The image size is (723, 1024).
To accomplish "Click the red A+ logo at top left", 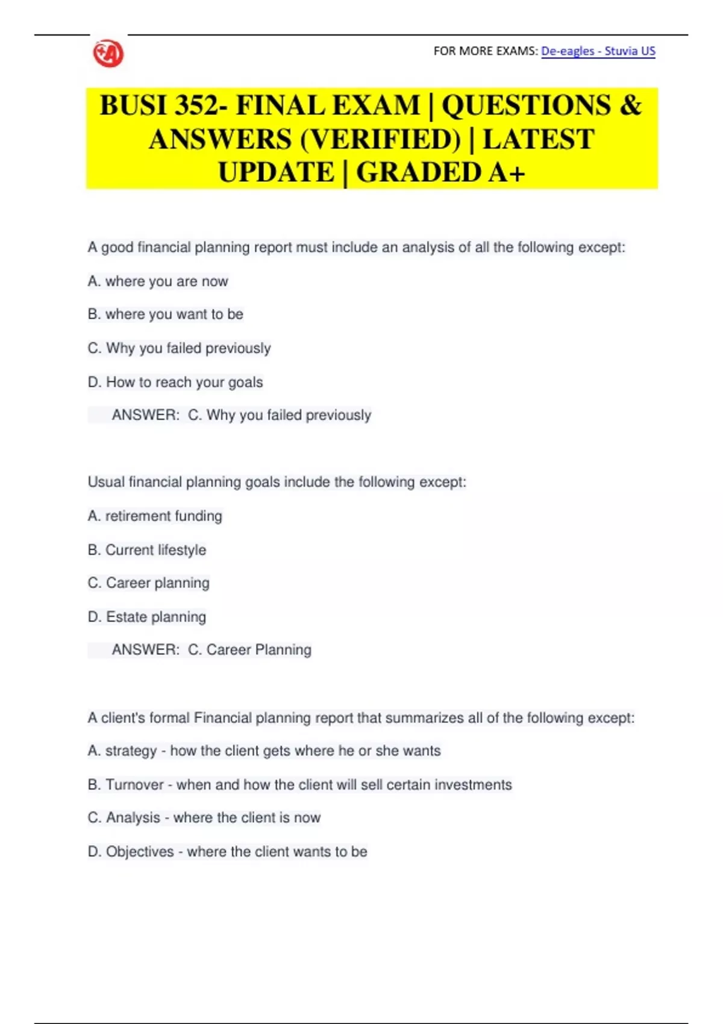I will (108, 54).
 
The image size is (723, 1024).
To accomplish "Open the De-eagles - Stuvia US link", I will (598, 51).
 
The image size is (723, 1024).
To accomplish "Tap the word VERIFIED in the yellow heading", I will (380, 140).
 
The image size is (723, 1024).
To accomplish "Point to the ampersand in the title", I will (630, 106).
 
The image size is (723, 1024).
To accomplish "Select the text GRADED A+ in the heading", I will (440, 173).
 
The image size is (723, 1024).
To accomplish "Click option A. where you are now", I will (158, 281).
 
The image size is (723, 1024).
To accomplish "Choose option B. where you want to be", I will (165, 314).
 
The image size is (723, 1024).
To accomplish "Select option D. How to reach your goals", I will (175, 382).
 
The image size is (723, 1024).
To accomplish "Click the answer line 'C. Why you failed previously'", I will (280, 415).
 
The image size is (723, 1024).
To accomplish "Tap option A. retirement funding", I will (155, 516).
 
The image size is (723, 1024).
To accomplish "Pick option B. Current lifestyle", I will (147, 550).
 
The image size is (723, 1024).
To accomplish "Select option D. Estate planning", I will (147, 617).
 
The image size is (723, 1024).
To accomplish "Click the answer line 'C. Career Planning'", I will (249, 650).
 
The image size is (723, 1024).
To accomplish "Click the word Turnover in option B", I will (134, 785).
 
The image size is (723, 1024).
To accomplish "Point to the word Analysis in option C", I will (133, 818).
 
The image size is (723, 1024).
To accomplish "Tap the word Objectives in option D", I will (140, 852).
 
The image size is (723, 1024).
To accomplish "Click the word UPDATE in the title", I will (276, 173).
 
